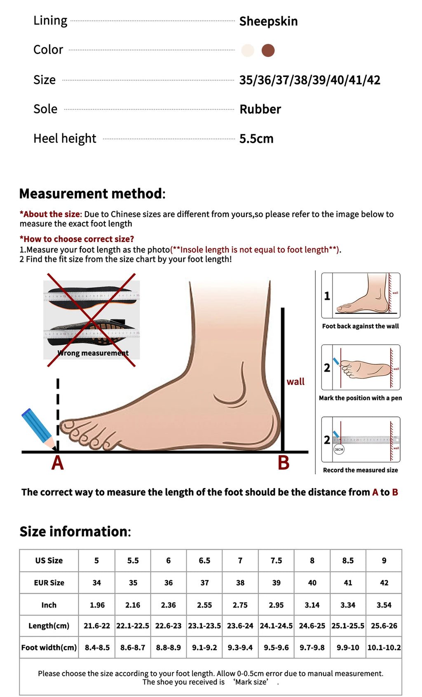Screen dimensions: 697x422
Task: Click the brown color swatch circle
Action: (x=268, y=50)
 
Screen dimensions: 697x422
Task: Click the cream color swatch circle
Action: (x=248, y=50)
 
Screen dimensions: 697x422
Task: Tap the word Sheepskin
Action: (x=268, y=21)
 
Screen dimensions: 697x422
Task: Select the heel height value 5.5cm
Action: (x=256, y=139)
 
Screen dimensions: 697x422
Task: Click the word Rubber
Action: (x=260, y=109)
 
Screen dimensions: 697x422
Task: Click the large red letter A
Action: (x=57, y=463)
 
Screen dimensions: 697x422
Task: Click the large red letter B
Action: (x=284, y=463)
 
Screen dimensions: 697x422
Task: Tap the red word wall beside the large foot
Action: (x=295, y=381)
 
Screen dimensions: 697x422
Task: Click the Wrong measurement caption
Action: (x=93, y=353)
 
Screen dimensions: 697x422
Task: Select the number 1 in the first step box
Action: (x=327, y=296)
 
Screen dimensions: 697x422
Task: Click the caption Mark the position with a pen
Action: (x=360, y=398)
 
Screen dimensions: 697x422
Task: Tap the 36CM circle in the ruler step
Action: (x=339, y=449)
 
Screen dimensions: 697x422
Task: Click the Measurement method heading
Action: (x=92, y=194)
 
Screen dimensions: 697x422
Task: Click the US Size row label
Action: (x=49, y=560)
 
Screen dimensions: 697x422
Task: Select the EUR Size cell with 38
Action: (x=240, y=582)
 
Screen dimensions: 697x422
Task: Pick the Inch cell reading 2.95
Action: (x=276, y=605)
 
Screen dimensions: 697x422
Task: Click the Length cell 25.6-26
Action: (x=384, y=626)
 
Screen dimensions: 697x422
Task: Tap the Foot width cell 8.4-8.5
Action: (x=97, y=648)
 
